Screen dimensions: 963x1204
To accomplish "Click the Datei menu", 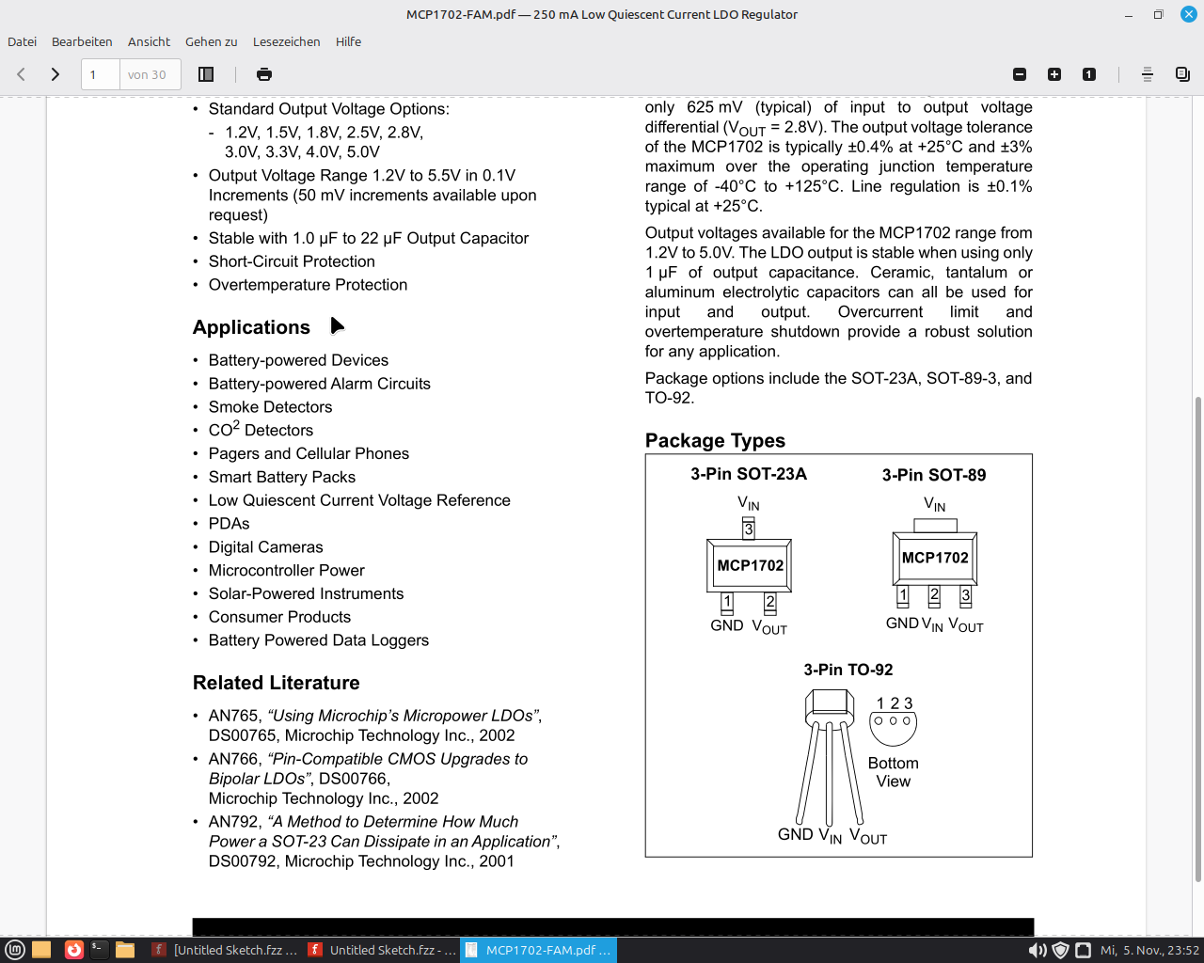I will click(x=23, y=41).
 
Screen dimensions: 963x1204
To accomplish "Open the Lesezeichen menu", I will click(x=286, y=41).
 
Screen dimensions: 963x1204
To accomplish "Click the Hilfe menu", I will click(x=348, y=41).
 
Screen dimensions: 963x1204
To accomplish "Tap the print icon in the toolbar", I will click(x=264, y=74).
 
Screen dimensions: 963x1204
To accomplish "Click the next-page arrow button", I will click(x=55, y=74).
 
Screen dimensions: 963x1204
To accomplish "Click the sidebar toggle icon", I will click(x=206, y=74).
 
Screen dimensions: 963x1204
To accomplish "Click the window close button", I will click(x=1188, y=14).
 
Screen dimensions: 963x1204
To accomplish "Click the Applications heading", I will click(x=251, y=327).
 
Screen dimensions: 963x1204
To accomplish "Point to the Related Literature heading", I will click(x=276, y=683).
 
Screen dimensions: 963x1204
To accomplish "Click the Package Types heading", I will click(x=715, y=440).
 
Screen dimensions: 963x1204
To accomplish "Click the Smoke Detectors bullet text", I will click(x=270, y=407).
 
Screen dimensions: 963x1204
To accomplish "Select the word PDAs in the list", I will click(x=230, y=524).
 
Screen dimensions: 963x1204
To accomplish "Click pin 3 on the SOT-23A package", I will click(x=749, y=529).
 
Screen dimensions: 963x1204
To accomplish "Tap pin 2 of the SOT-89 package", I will click(x=934, y=595).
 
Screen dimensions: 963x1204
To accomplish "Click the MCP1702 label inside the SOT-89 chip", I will click(x=935, y=558).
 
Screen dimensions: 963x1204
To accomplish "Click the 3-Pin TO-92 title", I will click(x=848, y=670).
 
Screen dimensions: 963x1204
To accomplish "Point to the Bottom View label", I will click(x=893, y=772).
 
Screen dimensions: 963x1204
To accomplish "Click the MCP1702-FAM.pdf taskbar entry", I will click(x=539, y=950).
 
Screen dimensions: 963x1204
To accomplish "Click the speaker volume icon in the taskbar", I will click(x=1037, y=950).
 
